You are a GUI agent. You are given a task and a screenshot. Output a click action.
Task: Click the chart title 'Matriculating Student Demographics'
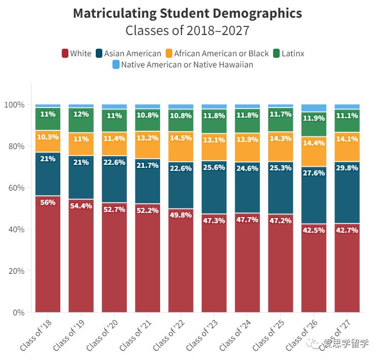(x=187, y=13)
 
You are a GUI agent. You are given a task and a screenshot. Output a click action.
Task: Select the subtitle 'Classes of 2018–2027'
(x=187, y=30)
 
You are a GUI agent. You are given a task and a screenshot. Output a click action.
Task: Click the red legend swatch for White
(x=65, y=53)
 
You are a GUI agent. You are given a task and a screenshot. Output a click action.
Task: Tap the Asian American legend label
(x=132, y=53)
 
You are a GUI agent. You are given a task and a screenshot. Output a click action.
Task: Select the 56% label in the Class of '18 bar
(x=48, y=202)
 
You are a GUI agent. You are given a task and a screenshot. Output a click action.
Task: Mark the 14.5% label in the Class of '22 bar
(x=180, y=138)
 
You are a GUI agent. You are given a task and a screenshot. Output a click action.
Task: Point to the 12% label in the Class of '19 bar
(x=81, y=114)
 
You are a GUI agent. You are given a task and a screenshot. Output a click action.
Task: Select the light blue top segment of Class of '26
(x=314, y=107)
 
